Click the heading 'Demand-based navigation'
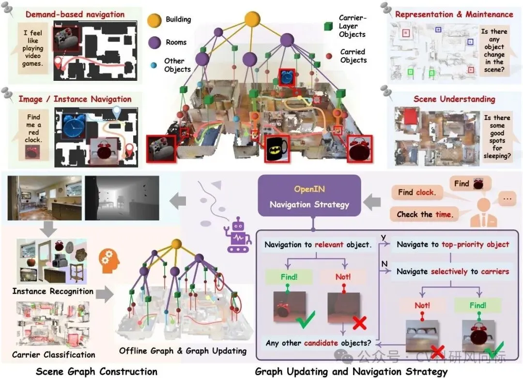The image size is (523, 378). tap(75, 14)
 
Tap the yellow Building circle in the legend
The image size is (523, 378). tap(154, 20)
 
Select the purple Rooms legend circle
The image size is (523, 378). tap(154, 42)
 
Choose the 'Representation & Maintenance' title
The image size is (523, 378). tap(454, 14)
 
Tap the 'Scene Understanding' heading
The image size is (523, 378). tap(454, 99)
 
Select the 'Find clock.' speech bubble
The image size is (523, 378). tap(417, 192)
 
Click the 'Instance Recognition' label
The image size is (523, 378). tap(53, 291)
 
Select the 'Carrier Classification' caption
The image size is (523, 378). tap(54, 355)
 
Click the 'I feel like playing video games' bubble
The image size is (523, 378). tap(33, 48)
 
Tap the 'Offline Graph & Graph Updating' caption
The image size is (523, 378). tap(183, 350)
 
